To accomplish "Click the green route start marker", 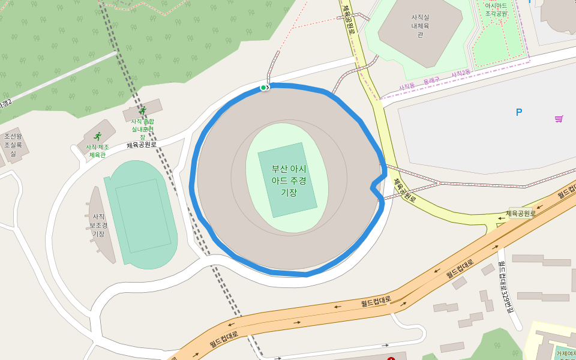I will tap(263, 88).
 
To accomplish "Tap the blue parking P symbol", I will tap(519, 112).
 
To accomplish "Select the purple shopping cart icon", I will tap(559, 119).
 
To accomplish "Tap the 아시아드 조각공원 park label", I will tap(496, 9).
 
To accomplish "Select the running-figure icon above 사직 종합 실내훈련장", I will tap(142, 110).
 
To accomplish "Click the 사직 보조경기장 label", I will tap(98, 225).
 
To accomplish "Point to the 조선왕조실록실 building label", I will tap(13, 145).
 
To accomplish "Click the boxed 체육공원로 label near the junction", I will tap(520, 213).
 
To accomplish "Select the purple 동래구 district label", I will tap(431, 80).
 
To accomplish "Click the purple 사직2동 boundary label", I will tap(461, 73).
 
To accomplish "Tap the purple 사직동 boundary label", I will tap(407, 86).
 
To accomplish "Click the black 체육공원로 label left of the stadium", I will tap(142, 145).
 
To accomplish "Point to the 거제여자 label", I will tap(565, 354).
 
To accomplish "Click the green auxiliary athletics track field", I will tap(141, 214).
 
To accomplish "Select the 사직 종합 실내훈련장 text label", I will tap(143, 129).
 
